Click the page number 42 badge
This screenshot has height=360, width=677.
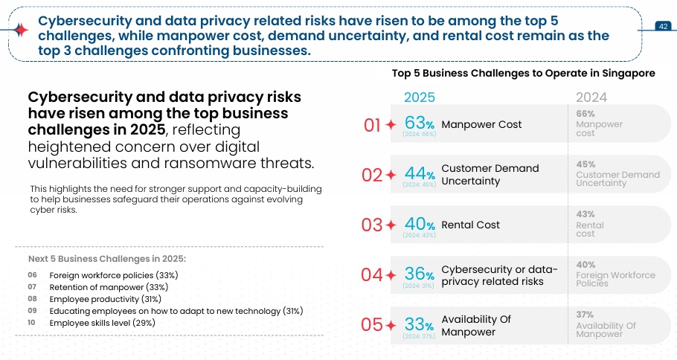click(x=663, y=26)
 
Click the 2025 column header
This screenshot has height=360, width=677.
click(x=420, y=97)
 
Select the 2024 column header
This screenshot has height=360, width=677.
click(x=591, y=97)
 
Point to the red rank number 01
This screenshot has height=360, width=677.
click(x=372, y=125)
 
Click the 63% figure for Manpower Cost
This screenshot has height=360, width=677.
click(x=419, y=123)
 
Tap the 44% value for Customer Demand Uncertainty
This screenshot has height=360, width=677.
click(x=419, y=173)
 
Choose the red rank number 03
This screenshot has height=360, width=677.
click(x=372, y=225)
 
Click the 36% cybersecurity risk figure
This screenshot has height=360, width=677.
click(x=419, y=274)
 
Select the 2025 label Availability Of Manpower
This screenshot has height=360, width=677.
click(x=476, y=325)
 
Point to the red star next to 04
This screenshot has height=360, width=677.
click(x=391, y=275)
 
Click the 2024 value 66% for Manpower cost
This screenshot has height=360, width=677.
click(x=585, y=112)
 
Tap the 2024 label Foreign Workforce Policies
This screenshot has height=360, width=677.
click(x=615, y=279)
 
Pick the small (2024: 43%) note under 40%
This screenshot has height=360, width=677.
click(x=419, y=235)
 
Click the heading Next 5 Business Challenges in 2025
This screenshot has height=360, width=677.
click(x=107, y=259)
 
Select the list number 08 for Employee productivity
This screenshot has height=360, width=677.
click(x=32, y=298)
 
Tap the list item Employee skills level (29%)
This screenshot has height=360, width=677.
click(x=102, y=323)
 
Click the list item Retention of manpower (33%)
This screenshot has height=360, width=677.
click(x=108, y=286)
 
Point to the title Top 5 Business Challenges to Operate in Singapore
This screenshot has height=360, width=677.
click(x=523, y=74)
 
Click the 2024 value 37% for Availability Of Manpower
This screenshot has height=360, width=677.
click(x=585, y=315)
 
